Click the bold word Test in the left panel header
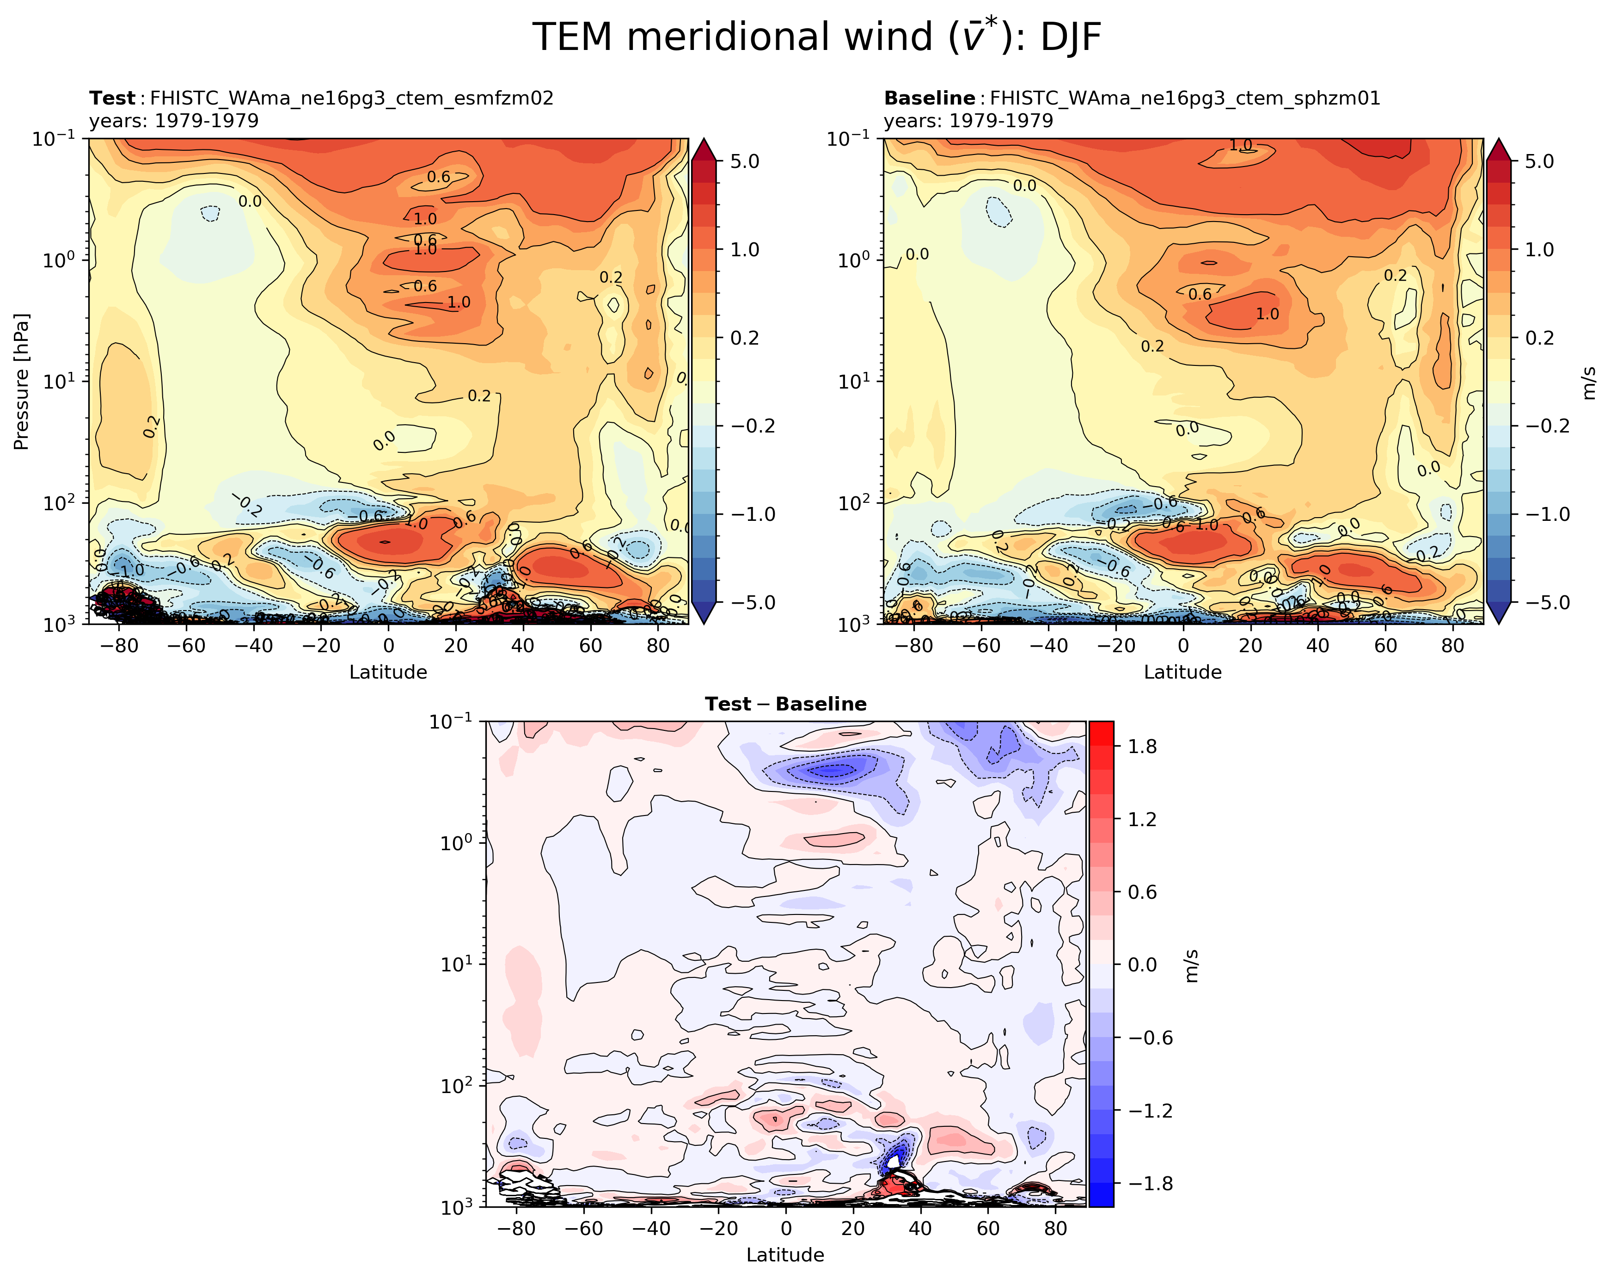pyautogui.click(x=112, y=98)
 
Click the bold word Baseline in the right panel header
pyautogui.click(x=929, y=98)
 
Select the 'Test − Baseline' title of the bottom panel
pyautogui.click(x=785, y=704)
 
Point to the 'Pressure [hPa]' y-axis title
pyautogui.click(x=21, y=381)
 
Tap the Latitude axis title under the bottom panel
pyautogui.click(x=785, y=1255)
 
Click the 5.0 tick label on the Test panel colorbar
pyautogui.click(x=744, y=161)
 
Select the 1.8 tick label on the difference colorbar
pyautogui.click(x=1142, y=746)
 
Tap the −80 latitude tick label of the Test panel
pyautogui.click(x=117, y=646)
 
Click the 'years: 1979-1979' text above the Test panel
pyautogui.click(x=173, y=120)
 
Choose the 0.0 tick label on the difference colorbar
pyautogui.click(x=1142, y=964)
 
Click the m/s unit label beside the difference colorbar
pyautogui.click(x=1192, y=965)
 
